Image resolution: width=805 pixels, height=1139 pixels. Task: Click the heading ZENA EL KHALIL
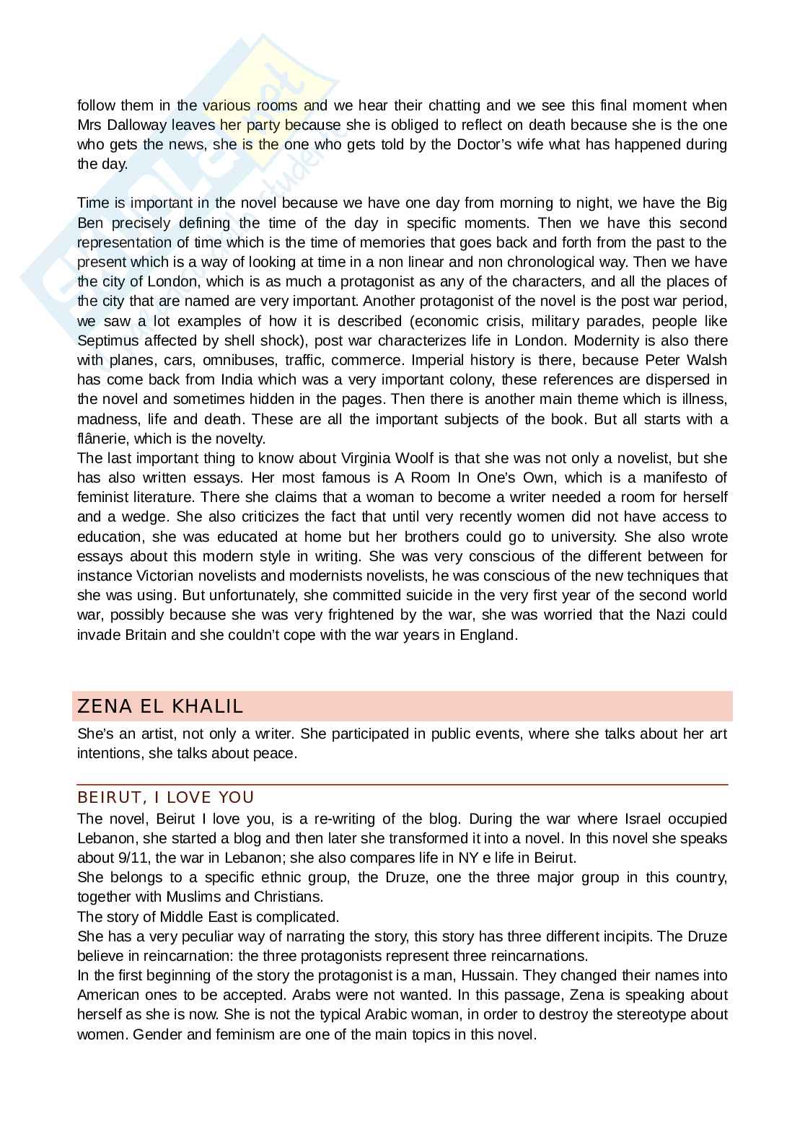pyautogui.click(x=160, y=706)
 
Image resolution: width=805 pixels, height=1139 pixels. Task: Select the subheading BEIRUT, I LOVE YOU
pyautogui.click(x=166, y=797)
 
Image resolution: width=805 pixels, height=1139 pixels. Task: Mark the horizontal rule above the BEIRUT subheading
pyautogui.click(x=402, y=784)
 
